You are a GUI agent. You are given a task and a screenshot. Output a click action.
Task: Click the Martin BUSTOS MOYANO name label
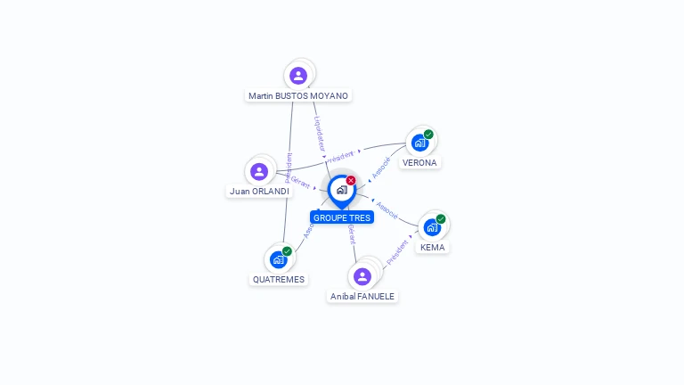[x=298, y=95]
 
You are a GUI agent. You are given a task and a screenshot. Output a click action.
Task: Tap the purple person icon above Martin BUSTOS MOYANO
[x=298, y=75]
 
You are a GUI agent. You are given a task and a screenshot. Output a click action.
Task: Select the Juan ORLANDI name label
[x=259, y=191]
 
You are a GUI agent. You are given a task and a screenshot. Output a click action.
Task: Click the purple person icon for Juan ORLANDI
[x=259, y=171]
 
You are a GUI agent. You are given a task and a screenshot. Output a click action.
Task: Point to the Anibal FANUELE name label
[x=362, y=296]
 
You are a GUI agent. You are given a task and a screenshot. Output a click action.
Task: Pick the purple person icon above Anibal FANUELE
[x=362, y=276]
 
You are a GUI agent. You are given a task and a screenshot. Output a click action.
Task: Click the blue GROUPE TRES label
[x=342, y=217]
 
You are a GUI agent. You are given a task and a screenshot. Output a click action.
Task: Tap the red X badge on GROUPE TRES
[x=351, y=181]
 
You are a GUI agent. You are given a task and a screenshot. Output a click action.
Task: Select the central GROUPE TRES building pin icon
[x=341, y=190]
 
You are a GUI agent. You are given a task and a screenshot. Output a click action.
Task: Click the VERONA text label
[x=419, y=163]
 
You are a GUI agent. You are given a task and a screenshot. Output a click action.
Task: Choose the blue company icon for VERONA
[x=419, y=143]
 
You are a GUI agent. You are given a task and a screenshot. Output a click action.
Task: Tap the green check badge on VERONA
[x=428, y=135]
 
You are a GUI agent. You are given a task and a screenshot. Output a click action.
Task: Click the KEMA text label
[x=433, y=247]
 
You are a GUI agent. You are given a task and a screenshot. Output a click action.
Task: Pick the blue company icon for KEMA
[x=432, y=227]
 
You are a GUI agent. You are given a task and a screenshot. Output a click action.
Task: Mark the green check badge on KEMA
[x=441, y=218]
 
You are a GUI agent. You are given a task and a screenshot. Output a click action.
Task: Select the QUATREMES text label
[x=279, y=279]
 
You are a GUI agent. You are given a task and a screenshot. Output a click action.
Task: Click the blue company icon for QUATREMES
[x=278, y=259]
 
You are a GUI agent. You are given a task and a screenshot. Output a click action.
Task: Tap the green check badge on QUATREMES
[x=287, y=251]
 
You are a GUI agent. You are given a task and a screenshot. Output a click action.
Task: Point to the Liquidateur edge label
[x=319, y=133]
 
